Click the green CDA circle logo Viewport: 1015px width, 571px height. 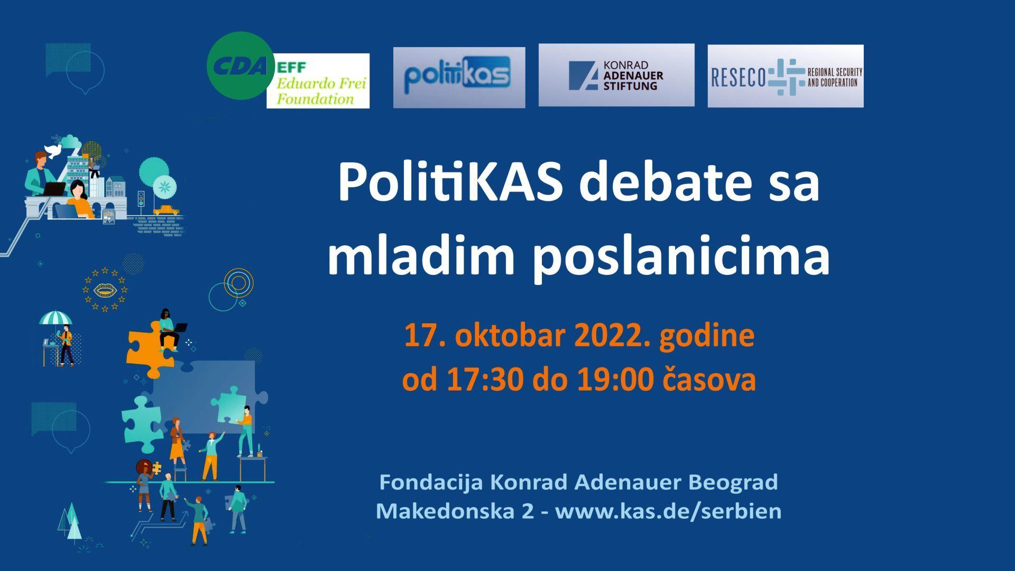click(241, 66)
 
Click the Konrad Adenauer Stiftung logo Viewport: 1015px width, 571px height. click(616, 75)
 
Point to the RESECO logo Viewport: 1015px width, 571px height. click(786, 76)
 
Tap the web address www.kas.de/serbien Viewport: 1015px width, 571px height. click(668, 511)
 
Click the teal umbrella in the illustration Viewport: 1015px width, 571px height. click(56, 318)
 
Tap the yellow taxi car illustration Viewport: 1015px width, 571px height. click(164, 210)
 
